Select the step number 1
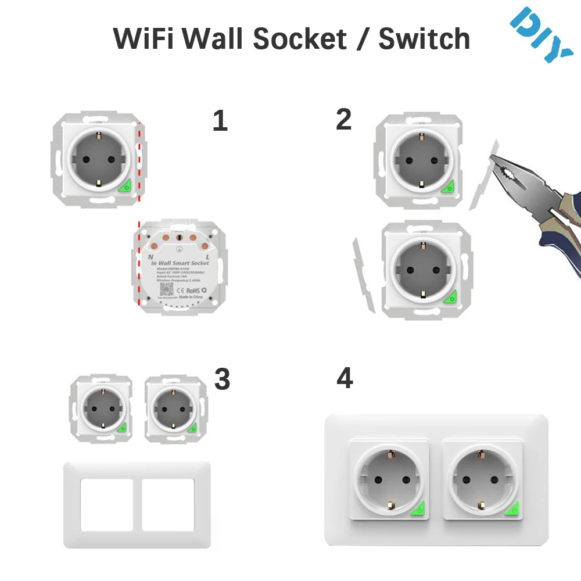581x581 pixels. click(x=220, y=120)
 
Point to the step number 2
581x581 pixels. click(x=344, y=119)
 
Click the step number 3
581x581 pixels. click(x=222, y=379)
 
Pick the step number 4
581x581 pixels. click(x=345, y=379)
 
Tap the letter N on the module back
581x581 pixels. click(x=150, y=256)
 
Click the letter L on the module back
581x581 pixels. click(x=207, y=256)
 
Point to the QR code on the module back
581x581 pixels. click(x=166, y=289)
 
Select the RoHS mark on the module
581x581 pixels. click(x=193, y=290)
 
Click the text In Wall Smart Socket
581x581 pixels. click(x=179, y=263)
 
